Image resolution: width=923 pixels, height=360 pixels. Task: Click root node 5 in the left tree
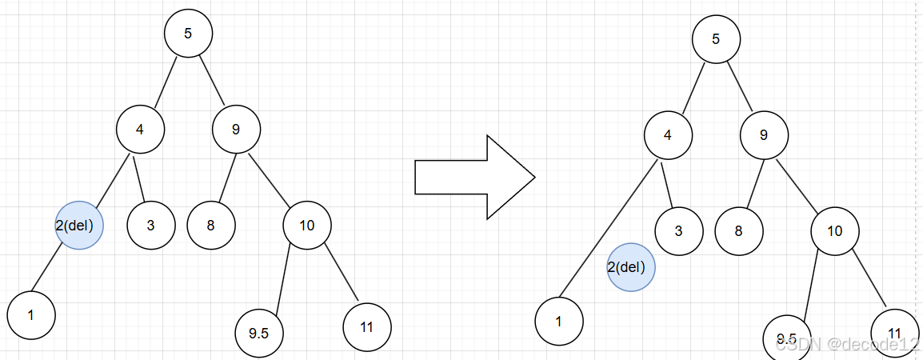tap(188, 34)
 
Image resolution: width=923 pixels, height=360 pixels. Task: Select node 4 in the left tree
tap(140, 128)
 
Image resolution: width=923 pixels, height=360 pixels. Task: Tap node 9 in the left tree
tap(236, 128)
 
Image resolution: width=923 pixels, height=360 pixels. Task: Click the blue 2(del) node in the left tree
tap(79, 225)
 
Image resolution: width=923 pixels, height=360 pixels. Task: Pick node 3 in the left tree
tap(151, 225)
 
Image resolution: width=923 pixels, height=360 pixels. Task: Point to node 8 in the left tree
tap(211, 225)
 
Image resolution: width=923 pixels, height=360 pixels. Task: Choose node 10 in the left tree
tap(307, 225)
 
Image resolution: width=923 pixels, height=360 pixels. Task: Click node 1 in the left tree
tap(31, 314)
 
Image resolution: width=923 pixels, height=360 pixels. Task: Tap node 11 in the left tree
tap(367, 326)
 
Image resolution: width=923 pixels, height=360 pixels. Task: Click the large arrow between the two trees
tap(473, 177)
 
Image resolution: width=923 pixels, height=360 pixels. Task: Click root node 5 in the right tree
tap(716, 39)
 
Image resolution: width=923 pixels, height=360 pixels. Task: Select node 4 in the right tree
tap(668, 134)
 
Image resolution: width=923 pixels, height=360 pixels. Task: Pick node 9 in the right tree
tap(764, 134)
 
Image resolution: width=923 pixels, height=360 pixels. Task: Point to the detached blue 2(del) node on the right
tap(631, 267)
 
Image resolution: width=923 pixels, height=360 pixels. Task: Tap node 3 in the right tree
tap(679, 231)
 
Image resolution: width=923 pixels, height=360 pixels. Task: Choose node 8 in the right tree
tap(739, 231)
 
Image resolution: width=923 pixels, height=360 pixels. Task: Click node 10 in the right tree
tap(835, 231)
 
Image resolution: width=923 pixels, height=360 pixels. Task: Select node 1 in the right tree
tap(559, 322)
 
